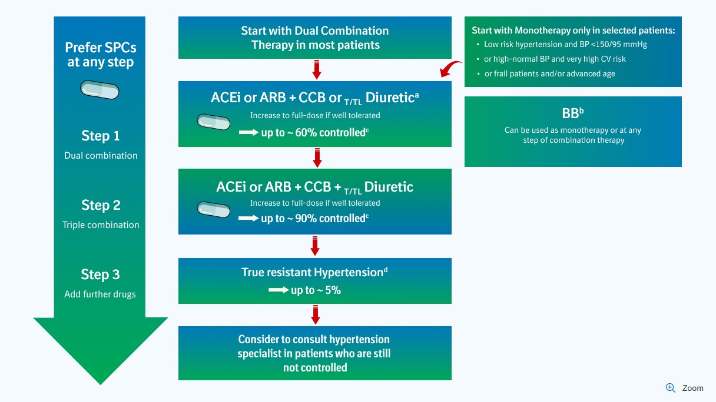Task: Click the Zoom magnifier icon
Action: pyautogui.click(x=670, y=388)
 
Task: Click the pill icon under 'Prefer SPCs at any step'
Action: pyautogui.click(x=100, y=91)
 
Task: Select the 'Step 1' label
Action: pyautogui.click(x=100, y=136)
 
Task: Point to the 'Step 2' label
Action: pyautogui.click(x=100, y=205)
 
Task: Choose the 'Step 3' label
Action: pyautogui.click(x=100, y=274)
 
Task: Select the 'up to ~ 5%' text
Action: pyautogui.click(x=316, y=290)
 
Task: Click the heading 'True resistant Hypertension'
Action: pyautogui.click(x=314, y=272)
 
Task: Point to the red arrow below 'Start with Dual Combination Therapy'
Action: pyautogui.click(x=316, y=69)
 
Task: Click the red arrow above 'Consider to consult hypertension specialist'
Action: pyautogui.click(x=316, y=314)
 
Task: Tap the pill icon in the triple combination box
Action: pyautogui.click(x=214, y=209)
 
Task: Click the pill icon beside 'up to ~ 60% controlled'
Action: pyautogui.click(x=214, y=122)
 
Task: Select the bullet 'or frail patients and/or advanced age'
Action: pyautogui.click(x=549, y=73)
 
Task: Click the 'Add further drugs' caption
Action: pyautogui.click(x=100, y=294)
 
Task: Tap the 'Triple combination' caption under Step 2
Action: pyautogui.click(x=101, y=225)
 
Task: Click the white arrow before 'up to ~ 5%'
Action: pyautogui.click(x=277, y=290)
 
